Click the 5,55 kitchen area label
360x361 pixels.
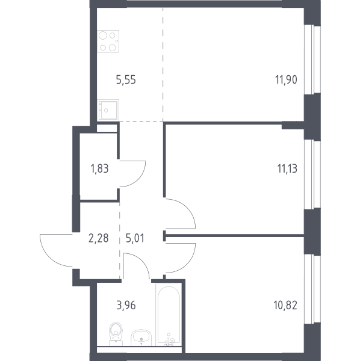coord(126,80)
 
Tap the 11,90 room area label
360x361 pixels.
coord(286,80)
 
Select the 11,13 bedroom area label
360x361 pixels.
coord(287,168)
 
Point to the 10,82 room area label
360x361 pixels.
coord(285,305)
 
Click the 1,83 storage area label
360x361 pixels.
coord(100,168)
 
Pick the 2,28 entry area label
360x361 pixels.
coord(98,238)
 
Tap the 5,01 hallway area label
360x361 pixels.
coord(135,238)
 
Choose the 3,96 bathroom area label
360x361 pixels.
coord(126,305)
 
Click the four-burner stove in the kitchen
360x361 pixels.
coord(108,42)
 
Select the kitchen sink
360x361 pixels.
coord(108,110)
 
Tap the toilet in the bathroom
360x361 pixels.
coord(116,333)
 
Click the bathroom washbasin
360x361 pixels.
coord(141,338)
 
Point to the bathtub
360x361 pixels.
coord(169,315)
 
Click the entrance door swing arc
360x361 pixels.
coord(49,257)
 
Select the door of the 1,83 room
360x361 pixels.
coord(139,179)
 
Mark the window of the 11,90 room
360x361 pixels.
coord(312,59)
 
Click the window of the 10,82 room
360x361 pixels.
coord(312,289)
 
